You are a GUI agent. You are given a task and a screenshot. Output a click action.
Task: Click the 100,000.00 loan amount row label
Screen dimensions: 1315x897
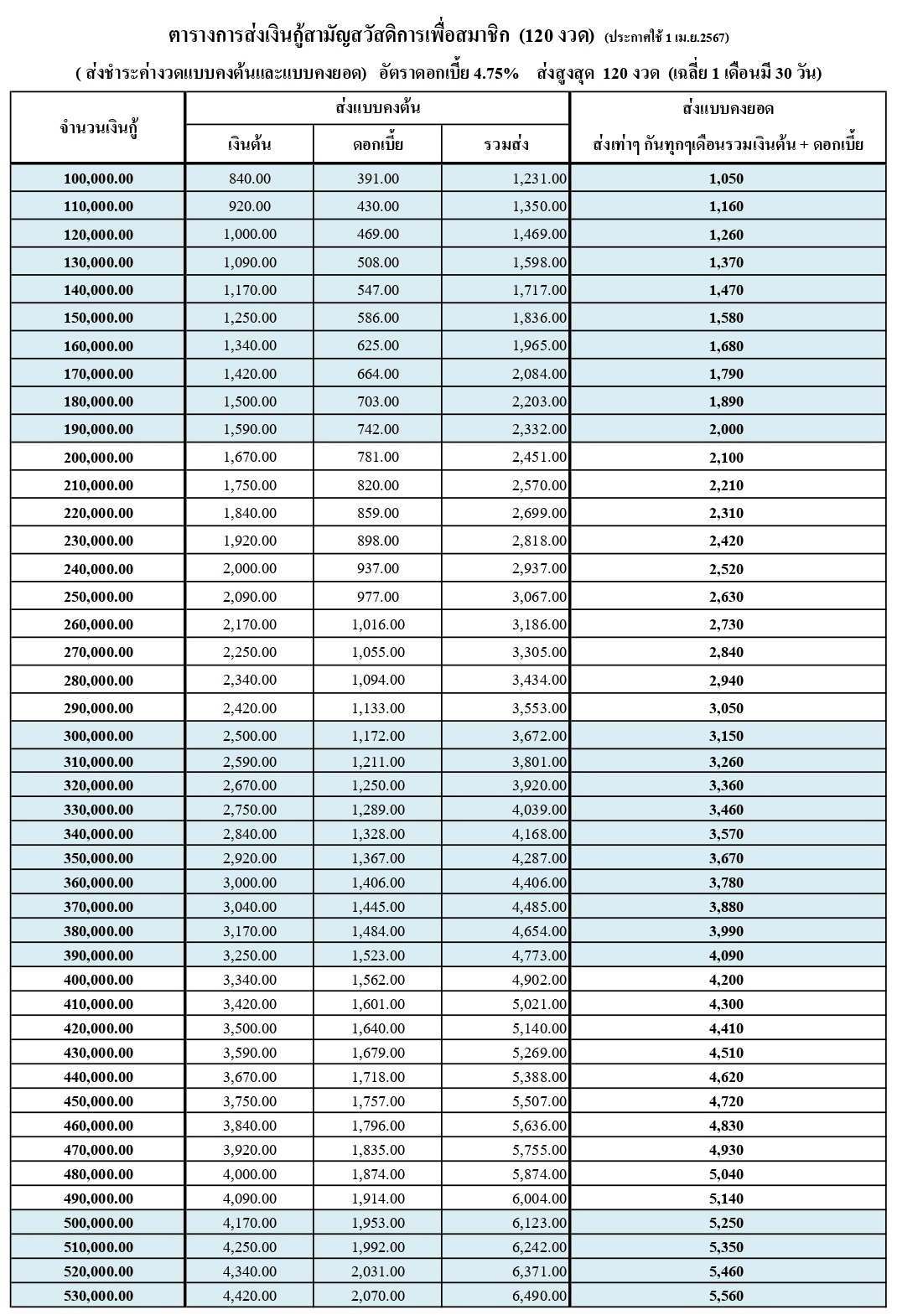(x=98, y=179)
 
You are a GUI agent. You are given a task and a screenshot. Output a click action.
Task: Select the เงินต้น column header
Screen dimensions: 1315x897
(x=249, y=145)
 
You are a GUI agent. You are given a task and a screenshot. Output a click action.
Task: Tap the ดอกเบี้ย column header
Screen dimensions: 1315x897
(x=377, y=145)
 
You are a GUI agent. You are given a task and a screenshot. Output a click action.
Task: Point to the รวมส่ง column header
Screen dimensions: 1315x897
(x=506, y=145)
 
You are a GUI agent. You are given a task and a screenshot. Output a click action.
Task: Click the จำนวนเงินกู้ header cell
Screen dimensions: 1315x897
(x=98, y=127)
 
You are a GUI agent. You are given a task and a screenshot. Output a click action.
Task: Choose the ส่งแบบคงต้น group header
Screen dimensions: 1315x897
(x=377, y=108)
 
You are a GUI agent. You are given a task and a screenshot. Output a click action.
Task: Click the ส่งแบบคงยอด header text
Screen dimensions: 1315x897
(x=728, y=108)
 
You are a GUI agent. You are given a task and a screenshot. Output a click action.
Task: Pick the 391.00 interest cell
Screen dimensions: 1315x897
(x=377, y=179)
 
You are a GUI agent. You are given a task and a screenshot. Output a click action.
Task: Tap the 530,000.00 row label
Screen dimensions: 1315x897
(x=98, y=1296)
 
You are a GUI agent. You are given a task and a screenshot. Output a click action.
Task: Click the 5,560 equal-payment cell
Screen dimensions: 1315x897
(x=726, y=1296)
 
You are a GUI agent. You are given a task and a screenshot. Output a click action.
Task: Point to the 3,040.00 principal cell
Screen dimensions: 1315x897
(x=250, y=906)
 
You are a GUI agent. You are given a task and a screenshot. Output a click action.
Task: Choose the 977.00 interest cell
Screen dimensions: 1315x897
(x=377, y=597)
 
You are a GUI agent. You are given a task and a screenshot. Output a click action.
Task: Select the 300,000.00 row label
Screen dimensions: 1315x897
(x=98, y=736)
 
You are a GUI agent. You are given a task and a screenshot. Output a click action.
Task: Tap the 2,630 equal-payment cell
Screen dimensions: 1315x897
(x=726, y=597)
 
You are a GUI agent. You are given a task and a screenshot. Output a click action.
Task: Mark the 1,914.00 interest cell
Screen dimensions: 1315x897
(x=378, y=1199)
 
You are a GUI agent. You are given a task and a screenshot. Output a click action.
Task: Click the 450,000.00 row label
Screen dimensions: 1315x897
(x=98, y=1101)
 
